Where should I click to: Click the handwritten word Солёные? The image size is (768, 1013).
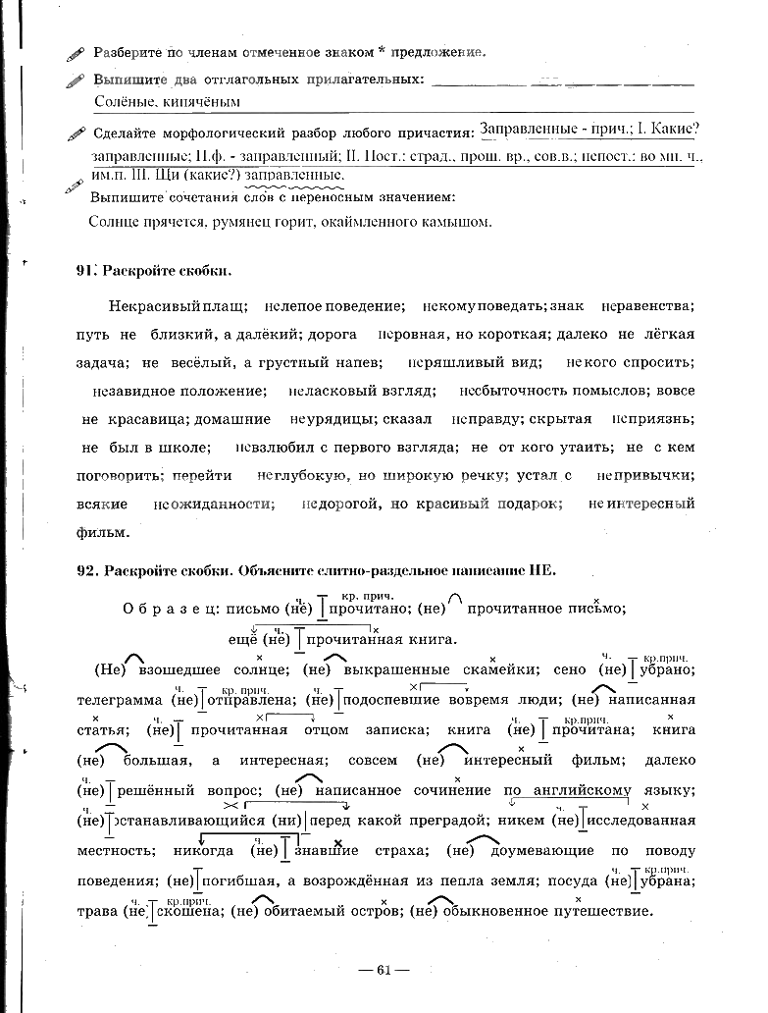124,101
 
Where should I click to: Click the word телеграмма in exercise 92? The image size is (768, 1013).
120,701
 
